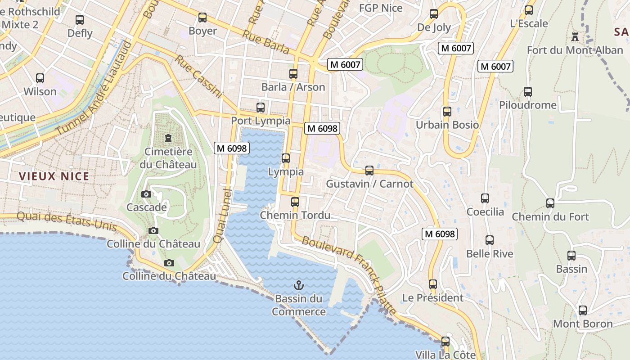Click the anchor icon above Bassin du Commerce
pyautogui.click(x=298, y=285)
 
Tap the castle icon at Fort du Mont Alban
pyautogui.click(x=575, y=36)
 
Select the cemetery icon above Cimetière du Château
pyautogui.click(x=168, y=138)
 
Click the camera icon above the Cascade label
pyautogui.click(x=146, y=194)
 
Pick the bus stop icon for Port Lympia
pyautogui.click(x=261, y=107)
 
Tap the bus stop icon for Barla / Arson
pyautogui.click(x=293, y=73)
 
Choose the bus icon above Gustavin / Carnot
pyautogui.click(x=369, y=170)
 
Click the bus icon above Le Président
pyautogui.click(x=433, y=284)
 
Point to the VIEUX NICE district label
pyautogui.click(x=54, y=176)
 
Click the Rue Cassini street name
pyautogui.click(x=199, y=76)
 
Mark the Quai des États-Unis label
pyautogui.click(x=67, y=221)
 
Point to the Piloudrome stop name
pyautogui.click(x=528, y=105)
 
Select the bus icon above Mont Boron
pyautogui.click(x=583, y=310)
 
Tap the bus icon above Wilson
pyautogui.click(x=40, y=78)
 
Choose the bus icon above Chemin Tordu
pyautogui.click(x=295, y=202)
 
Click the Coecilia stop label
pyautogui.click(x=485, y=211)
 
